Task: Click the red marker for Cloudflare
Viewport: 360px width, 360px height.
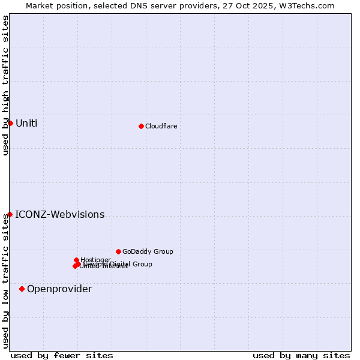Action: pyautogui.click(x=141, y=126)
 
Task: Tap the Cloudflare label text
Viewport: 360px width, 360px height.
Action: pyautogui.click(x=161, y=126)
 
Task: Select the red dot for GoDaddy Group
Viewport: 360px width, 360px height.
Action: pyautogui.click(x=118, y=251)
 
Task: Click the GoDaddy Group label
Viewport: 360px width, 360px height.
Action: pyautogui.click(x=148, y=251)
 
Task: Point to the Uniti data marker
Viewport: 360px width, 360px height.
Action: pyautogui.click(x=10, y=123)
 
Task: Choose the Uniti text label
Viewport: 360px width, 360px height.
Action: pyautogui.click(x=26, y=124)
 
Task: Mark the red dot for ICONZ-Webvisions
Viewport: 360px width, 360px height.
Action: pyautogui.click(x=10, y=214)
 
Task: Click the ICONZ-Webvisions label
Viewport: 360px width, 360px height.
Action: pyautogui.click(x=59, y=215)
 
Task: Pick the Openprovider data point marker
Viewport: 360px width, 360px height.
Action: pyautogui.click(x=22, y=289)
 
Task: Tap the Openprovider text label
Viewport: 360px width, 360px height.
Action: pyautogui.click(x=59, y=289)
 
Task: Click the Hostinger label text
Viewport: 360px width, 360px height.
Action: pyautogui.click(x=95, y=260)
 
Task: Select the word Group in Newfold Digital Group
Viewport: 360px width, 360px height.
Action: pyautogui.click(x=142, y=264)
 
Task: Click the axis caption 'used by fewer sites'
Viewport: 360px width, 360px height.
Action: pyautogui.click(x=61, y=355)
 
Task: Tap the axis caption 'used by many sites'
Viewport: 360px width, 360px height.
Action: pyautogui.click(x=301, y=355)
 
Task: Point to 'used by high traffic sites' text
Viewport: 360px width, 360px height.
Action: pyautogui.click(x=5, y=85)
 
